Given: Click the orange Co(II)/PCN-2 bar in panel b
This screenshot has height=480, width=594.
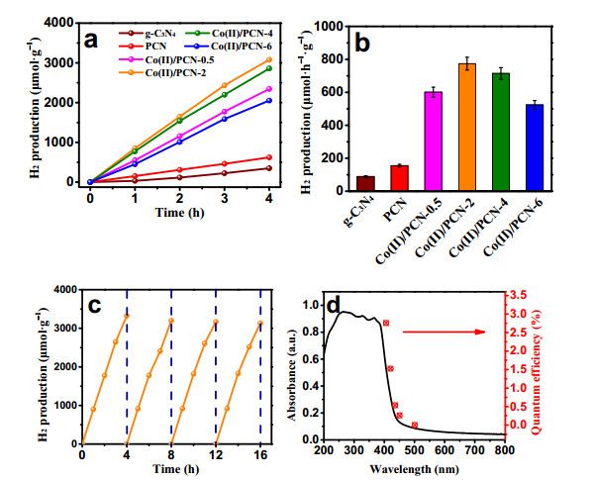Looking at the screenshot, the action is (467, 127).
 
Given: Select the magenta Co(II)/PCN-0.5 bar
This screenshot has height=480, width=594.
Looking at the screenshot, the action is (434, 141).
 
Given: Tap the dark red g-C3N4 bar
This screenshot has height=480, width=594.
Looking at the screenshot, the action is (365, 183).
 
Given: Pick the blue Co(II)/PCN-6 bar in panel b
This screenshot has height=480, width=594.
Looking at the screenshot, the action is (535, 147).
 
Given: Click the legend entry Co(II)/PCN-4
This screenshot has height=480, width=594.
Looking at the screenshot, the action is (230, 34).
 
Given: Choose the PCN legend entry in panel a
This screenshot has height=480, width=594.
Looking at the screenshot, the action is (143, 47).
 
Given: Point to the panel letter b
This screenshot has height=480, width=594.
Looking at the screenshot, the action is (361, 43).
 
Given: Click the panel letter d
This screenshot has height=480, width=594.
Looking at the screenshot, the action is (334, 305).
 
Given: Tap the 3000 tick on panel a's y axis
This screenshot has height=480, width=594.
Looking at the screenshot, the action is (59, 62).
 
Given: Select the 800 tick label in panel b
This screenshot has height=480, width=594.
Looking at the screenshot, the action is (331, 59).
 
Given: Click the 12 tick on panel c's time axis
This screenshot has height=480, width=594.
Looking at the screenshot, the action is (216, 454).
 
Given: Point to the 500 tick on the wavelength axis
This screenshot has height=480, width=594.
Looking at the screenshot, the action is (414, 450).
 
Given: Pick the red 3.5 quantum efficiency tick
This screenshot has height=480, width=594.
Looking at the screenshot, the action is (518, 295).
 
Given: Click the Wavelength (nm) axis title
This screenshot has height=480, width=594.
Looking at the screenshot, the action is (414, 469).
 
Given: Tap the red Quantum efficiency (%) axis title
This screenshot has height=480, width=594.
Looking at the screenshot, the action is (537, 372).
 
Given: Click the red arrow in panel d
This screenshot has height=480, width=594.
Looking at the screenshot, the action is (444, 332).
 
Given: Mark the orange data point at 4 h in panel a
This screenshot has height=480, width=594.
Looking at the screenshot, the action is (269, 59).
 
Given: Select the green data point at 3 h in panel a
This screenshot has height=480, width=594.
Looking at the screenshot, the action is (225, 95).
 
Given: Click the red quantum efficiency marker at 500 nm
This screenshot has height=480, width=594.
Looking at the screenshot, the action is (415, 425).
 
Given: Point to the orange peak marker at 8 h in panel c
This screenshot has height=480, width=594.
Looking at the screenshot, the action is (171, 321).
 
